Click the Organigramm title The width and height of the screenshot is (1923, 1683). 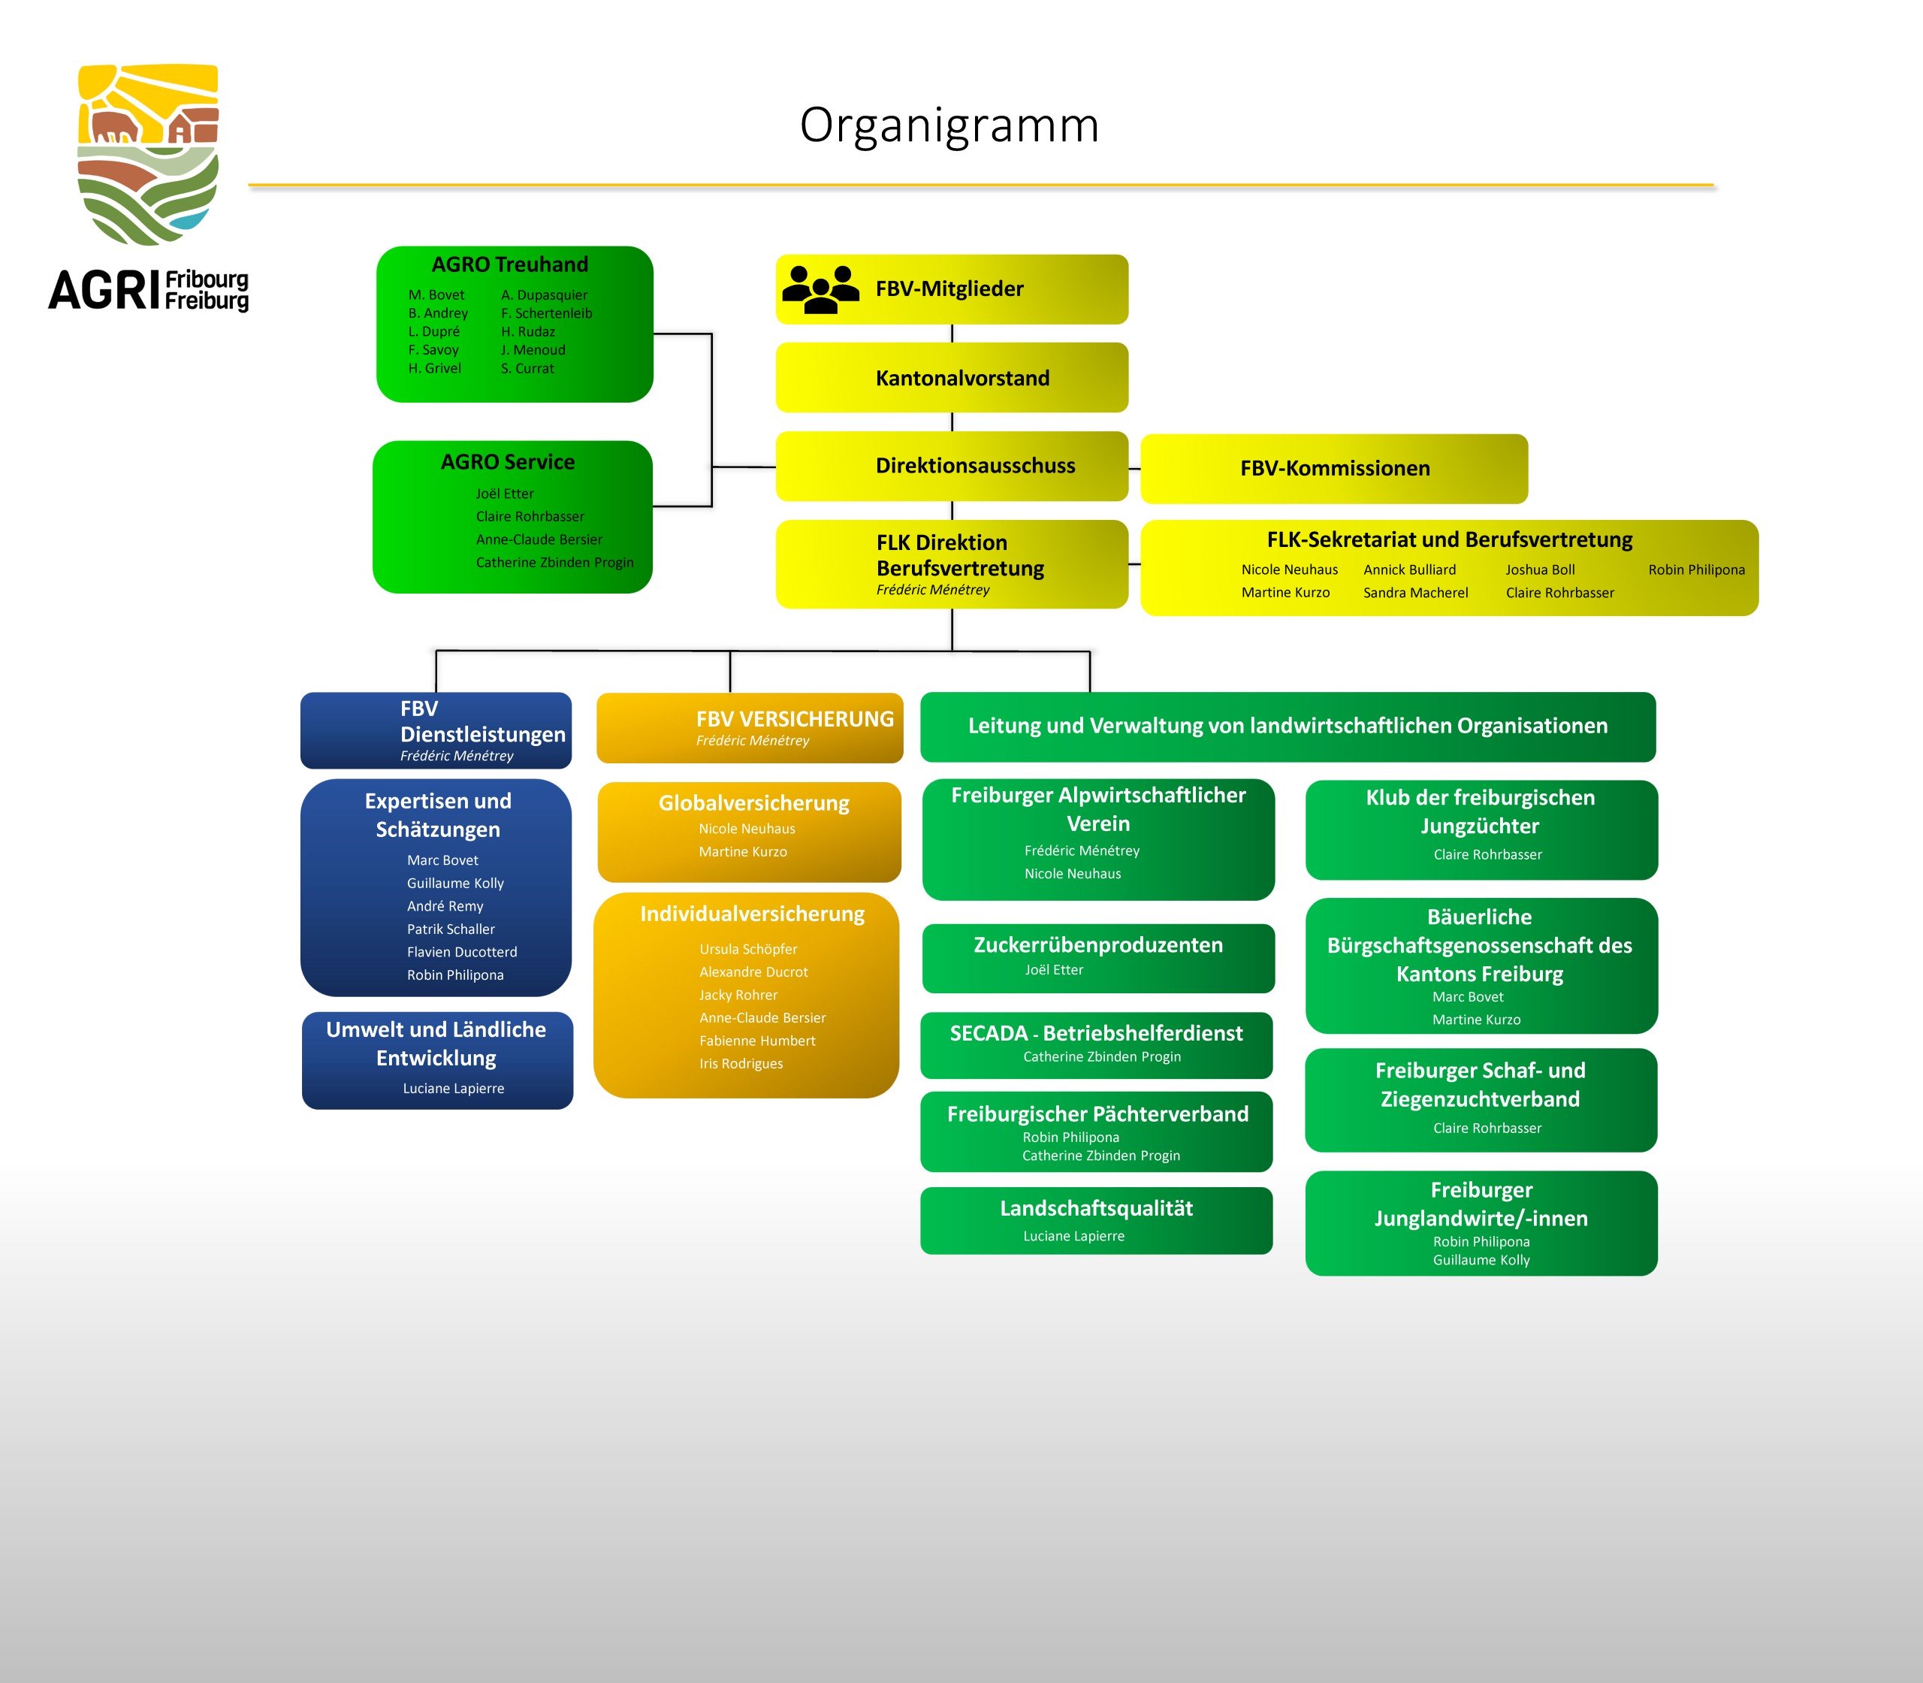click(x=948, y=125)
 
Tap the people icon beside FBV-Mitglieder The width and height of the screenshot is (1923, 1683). click(x=820, y=289)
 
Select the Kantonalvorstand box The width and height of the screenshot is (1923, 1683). click(x=951, y=377)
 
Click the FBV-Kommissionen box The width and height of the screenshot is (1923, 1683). click(x=1333, y=469)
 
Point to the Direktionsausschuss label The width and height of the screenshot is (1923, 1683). click(x=975, y=466)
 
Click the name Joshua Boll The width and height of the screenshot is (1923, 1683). click(x=1540, y=570)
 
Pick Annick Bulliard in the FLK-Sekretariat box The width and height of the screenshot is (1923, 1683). click(x=1409, y=570)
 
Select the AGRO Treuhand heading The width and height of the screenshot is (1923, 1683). click(x=510, y=264)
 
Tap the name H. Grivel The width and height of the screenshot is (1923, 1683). click(x=435, y=368)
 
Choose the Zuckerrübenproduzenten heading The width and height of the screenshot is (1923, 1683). click(x=1097, y=945)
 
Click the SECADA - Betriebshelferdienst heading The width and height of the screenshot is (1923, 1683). click(x=1096, y=1033)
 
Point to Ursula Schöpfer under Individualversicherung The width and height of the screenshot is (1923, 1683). click(x=748, y=950)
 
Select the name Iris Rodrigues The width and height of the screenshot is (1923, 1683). click(x=741, y=1064)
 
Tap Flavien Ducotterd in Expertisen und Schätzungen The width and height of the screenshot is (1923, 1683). click(x=462, y=953)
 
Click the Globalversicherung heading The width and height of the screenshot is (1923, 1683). click(x=753, y=803)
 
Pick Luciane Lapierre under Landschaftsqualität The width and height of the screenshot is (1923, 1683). click(x=1073, y=1236)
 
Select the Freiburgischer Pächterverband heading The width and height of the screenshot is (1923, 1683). click(x=1097, y=1113)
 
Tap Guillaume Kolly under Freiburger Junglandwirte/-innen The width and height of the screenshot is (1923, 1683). click(x=1481, y=1261)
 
